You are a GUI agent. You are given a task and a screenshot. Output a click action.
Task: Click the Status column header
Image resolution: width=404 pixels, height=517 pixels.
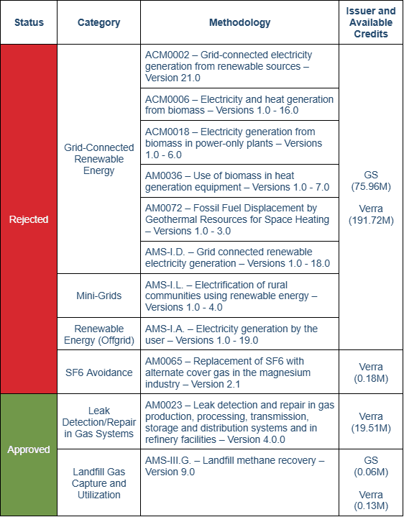(x=29, y=22)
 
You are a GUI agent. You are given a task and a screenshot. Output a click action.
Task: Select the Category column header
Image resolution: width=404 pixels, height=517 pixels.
(x=98, y=22)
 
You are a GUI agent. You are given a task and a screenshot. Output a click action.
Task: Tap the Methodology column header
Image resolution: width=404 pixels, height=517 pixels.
(x=239, y=22)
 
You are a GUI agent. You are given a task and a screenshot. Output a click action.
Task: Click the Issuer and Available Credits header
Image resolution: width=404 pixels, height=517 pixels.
(x=371, y=22)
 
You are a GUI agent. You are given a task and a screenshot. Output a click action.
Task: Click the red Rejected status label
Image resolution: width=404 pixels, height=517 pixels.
(x=29, y=219)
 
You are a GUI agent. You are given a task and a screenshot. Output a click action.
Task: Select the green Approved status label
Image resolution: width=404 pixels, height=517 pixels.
(x=29, y=449)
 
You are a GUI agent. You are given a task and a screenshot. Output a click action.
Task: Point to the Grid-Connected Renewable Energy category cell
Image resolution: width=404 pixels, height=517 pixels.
(x=98, y=159)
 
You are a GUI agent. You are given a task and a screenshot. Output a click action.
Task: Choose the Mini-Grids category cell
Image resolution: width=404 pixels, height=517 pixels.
(x=98, y=295)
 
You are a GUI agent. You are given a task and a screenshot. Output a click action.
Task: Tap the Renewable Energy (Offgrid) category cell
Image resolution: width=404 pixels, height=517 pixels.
(x=98, y=334)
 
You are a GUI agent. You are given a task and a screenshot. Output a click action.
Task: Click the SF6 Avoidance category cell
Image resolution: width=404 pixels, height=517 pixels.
(x=98, y=372)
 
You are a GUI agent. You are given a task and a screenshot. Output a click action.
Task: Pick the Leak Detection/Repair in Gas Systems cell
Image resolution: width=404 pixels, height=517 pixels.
(x=98, y=422)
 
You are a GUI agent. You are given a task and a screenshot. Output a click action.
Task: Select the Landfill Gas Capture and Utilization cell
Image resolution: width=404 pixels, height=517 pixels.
(x=98, y=483)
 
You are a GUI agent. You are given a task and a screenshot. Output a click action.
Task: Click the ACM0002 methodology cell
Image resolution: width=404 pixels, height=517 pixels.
(x=239, y=66)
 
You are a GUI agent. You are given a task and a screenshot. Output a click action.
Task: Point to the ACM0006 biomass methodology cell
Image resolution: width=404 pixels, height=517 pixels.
(x=239, y=104)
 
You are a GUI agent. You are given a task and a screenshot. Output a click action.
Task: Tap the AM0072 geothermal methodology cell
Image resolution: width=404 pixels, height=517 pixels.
(x=239, y=219)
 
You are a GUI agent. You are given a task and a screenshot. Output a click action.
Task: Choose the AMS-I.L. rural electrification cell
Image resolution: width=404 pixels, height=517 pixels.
(x=239, y=296)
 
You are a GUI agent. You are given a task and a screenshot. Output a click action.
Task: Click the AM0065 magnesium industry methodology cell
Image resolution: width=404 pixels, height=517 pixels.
(x=239, y=372)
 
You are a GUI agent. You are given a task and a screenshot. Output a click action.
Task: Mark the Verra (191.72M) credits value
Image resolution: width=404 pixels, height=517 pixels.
(x=371, y=214)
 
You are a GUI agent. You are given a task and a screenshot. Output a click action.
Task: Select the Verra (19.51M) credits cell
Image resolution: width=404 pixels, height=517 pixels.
(x=371, y=422)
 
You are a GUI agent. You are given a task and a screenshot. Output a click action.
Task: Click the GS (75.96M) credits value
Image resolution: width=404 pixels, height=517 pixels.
(x=371, y=180)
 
